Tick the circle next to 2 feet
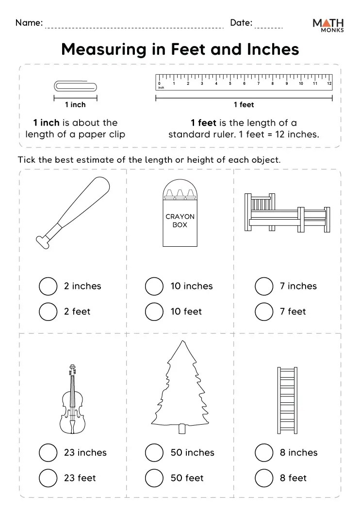pyautogui.click(x=48, y=311)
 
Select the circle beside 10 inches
pyautogui.click(x=154, y=286)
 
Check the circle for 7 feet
pyautogui.click(x=264, y=311)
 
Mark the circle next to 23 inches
pyautogui.click(x=48, y=452)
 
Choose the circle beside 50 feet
pyautogui.click(x=154, y=477)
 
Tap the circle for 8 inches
pyautogui.click(x=264, y=452)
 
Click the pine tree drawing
pyautogui.click(x=182, y=383)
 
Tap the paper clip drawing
pyautogui.click(x=75, y=86)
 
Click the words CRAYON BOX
pyautogui.click(x=180, y=221)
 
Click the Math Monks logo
pyautogui.click(x=328, y=25)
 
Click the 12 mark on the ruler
pyautogui.click(x=329, y=84)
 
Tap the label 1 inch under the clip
pyautogui.click(x=75, y=105)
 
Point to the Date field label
pyautogui.click(x=241, y=22)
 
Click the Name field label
pyautogui.click(x=29, y=22)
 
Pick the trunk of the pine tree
pyautogui.click(x=182, y=429)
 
